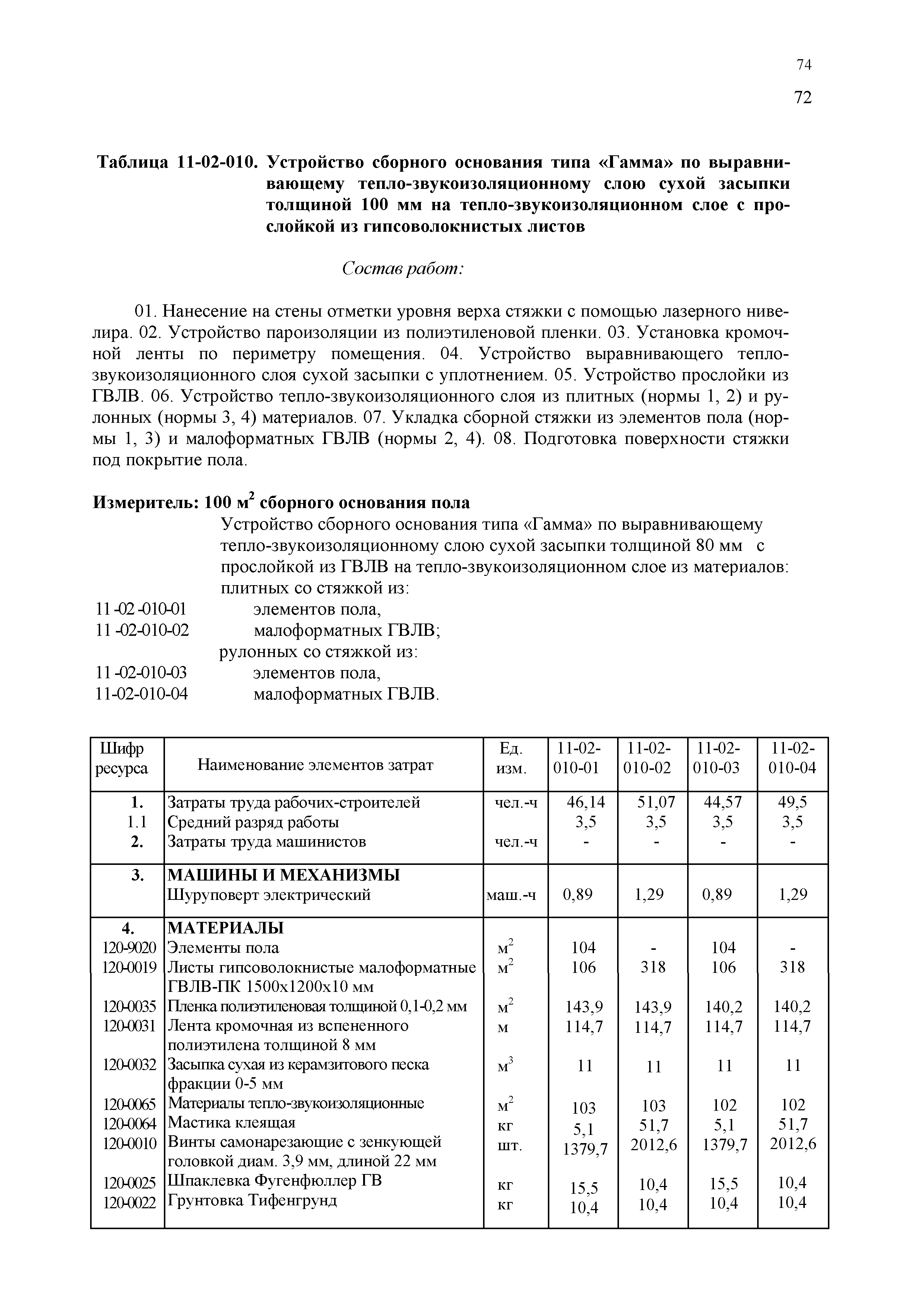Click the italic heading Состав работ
pos(403,269)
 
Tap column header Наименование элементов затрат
pos(323,765)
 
